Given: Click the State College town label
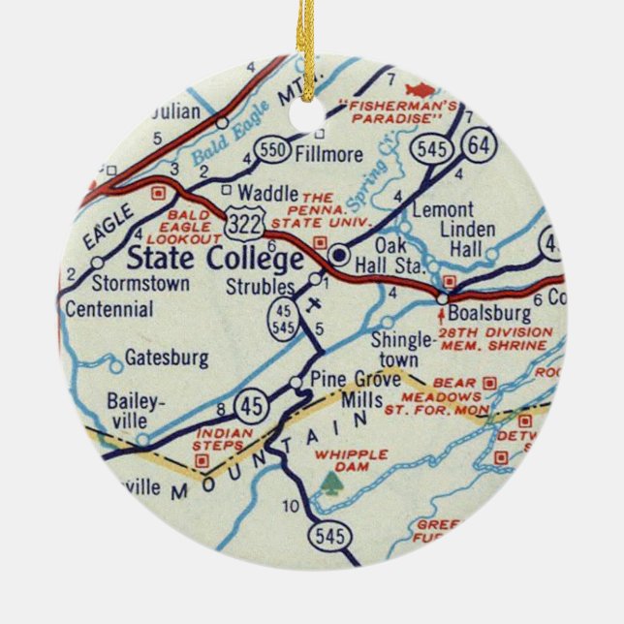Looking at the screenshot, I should [215, 260].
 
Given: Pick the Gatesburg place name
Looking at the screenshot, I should [167, 359].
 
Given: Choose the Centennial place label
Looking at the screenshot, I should [109, 310].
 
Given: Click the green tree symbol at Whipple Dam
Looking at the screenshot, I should [332, 481].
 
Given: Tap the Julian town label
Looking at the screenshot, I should [177, 112].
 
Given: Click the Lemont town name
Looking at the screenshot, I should [443, 209].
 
